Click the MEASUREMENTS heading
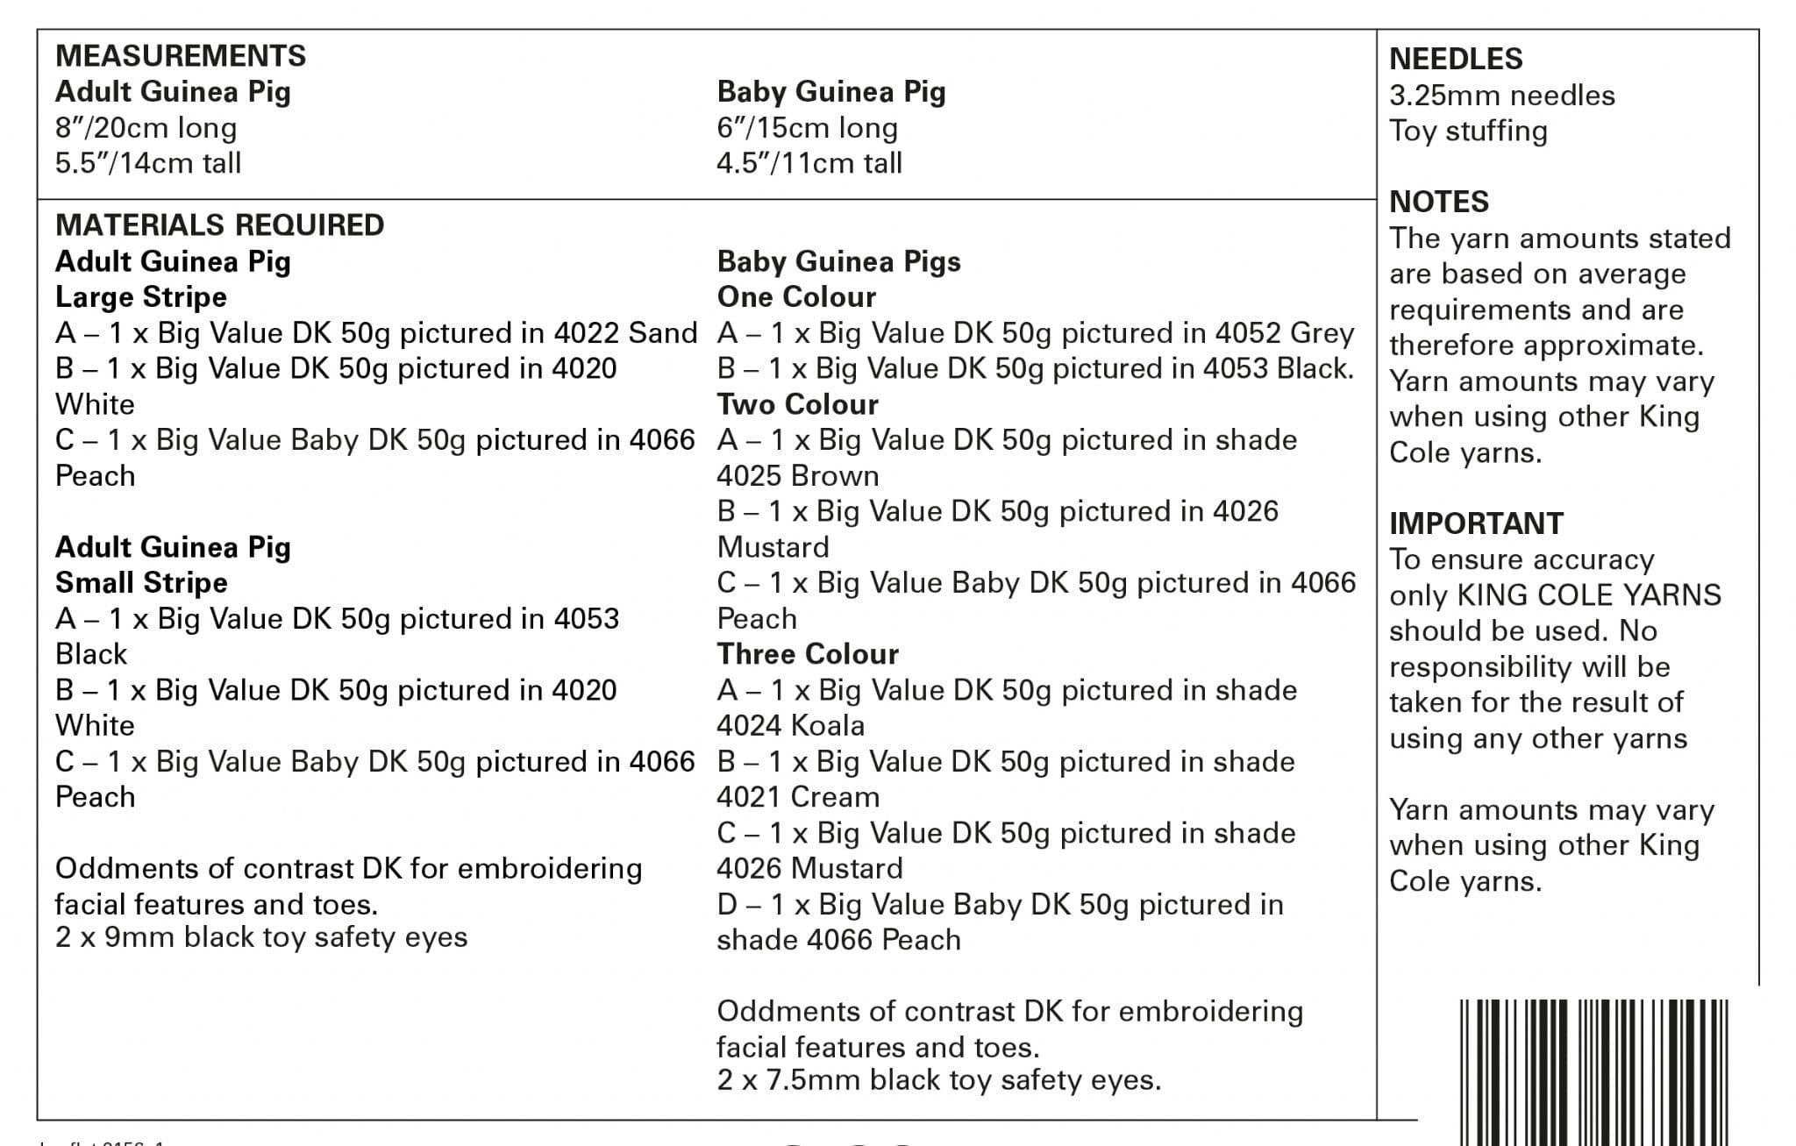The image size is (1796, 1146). pos(181,56)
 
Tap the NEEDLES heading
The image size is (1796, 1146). pos(1456,59)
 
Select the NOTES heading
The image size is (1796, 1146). pos(1439,202)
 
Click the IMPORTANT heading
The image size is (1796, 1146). pos(1476,523)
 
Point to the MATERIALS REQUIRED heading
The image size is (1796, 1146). pos(219,225)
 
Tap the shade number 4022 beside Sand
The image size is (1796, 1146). pos(587,333)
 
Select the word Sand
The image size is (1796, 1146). pos(663,333)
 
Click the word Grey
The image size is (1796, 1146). pos(1322,333)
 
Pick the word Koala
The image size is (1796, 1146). pos(827,726)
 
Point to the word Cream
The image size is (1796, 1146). pos(834,797)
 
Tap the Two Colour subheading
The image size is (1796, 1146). pos(797,404)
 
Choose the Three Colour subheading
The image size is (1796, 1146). pos(808,654)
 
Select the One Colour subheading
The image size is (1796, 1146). pos(796,297)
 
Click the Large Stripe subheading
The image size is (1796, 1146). pos(141,297)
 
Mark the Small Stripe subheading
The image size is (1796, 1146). pos(141,583)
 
